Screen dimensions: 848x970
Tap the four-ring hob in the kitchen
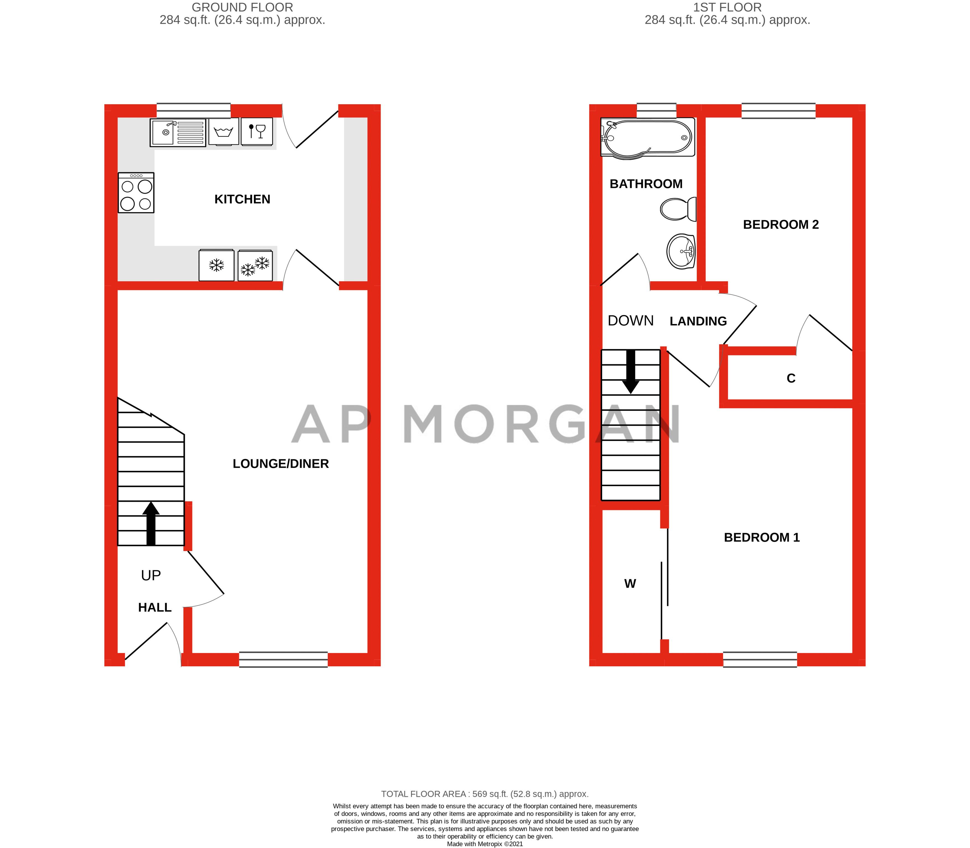click(136, 193)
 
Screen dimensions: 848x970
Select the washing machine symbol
click(223, 131)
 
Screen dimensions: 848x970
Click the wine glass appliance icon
click(257, 131)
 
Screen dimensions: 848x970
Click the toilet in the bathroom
click(679, 209)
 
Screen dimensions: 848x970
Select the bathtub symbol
click(647, 137)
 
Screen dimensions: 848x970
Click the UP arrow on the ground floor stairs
click(150, 523)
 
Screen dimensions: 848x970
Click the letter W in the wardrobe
click(630, 583)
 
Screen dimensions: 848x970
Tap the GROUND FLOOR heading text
click(242, 7)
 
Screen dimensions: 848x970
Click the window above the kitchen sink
click(194, 111)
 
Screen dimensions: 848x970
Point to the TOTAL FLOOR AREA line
click(485, 794)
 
